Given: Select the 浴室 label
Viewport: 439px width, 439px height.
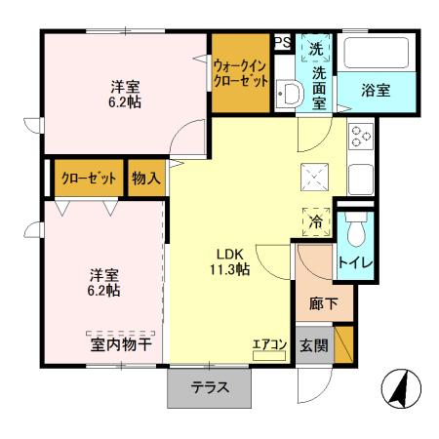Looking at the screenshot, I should [x=377, y=91].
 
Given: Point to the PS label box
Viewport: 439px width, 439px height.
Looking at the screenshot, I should [x=282, y=42].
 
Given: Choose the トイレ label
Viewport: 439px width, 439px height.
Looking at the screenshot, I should [x=353, y=262].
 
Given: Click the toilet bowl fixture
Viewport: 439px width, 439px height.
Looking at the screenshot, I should [x=356, y=230].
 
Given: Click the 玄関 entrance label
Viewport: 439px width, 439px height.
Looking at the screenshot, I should [x=313, y=344].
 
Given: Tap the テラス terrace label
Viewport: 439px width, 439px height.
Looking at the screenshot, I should [x=210, y=387].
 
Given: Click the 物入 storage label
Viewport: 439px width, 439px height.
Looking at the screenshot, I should [x=145, y=179].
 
